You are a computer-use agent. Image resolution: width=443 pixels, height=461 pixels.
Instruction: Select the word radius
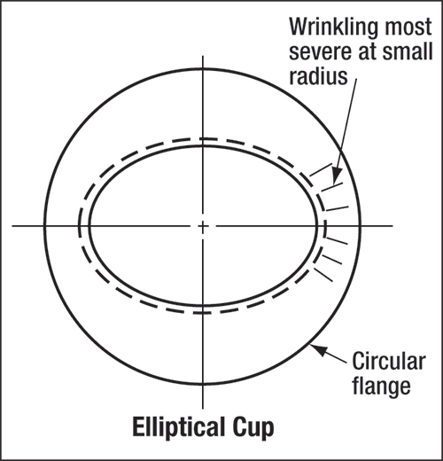(x=318, y=75)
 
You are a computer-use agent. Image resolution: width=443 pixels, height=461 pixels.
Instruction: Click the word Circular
(x=389, y=361)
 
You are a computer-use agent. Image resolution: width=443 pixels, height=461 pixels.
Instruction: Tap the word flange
(x=381, y=386)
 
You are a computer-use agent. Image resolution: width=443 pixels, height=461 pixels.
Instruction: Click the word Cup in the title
(x=253, y=428)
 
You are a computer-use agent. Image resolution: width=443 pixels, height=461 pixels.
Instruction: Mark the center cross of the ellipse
(x=203, y=226)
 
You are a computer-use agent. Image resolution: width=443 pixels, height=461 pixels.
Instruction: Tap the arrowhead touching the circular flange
(x=318, y=349)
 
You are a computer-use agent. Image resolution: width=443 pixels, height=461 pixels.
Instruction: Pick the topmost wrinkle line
(x=321, y=170)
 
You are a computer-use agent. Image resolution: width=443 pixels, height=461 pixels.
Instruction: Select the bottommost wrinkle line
(x=323, y=275)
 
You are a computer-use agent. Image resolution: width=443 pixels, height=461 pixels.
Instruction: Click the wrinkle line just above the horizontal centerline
(x=338, y=208)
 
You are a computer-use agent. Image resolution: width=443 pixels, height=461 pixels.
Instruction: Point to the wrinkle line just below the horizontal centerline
(x=337, y=241)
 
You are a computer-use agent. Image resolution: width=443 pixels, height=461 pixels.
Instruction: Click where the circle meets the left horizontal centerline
(x=44, y=226)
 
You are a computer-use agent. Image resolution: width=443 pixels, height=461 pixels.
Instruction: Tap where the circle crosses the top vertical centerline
(x=203, y=69)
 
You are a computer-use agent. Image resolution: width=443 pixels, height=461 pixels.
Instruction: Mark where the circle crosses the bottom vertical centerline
(x=203, y=384)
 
